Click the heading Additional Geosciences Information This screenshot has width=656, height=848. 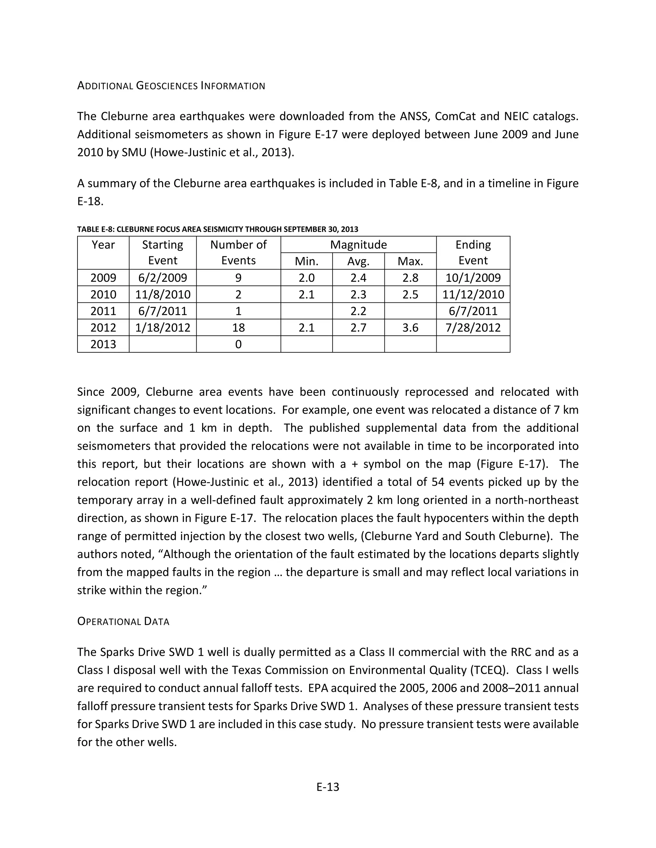tap(171, 86)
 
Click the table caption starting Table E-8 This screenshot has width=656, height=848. tap(217, 229)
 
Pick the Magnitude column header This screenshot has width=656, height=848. tap(358, 244)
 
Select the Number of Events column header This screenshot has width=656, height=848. tap(238, 252)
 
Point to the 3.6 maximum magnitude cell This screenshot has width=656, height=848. tap(410, 328)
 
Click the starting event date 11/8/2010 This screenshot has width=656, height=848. tap(162, 294)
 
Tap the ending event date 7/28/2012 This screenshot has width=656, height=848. tap(473, 328)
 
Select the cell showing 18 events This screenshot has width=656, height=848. tap(238, 328)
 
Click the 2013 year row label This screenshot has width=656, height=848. tap(103, 344)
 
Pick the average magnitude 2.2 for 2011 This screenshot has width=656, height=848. tap(358, 311)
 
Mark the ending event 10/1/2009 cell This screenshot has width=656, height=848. tap(473, 278)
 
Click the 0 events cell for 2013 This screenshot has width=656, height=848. tap(238, 344)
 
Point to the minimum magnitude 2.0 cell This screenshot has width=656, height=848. tap(306, 278)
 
